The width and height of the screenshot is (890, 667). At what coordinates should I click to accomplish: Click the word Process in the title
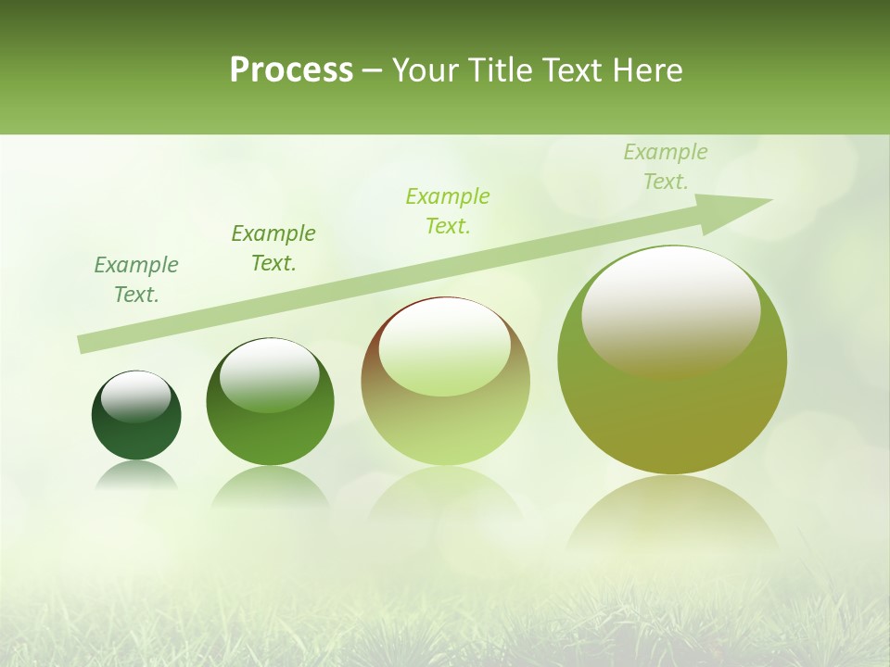point(291,70)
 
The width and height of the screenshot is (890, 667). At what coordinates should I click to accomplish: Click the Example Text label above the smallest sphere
point(136,279)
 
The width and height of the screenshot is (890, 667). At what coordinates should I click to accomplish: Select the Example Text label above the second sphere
point(273,247)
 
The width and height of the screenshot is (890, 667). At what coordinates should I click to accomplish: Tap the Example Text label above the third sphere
point(448,210)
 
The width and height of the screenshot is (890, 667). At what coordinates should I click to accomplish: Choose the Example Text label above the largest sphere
point(665,166)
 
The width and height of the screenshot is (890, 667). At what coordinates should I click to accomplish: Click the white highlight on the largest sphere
point(670,310)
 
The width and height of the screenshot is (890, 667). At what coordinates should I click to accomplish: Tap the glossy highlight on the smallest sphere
point(136,396)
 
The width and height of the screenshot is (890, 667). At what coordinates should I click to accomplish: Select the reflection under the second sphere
point(270,486)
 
